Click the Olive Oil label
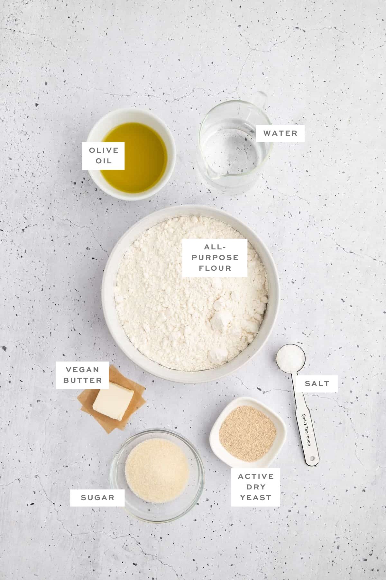click(x=103, y=156)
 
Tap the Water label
click(x=280, y=133)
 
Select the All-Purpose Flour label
click(x=215, y=257)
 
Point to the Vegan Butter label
click(x=82, y=375)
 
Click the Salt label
click(x=317, y=383)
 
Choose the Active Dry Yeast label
click(x=256, y=487)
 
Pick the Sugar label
click(x=97, y=498)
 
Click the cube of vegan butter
click(x=113, y=401)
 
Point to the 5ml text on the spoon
click(x=303, y=419)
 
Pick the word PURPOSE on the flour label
click(x=215, y=257)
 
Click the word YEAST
click(x=256, y=498)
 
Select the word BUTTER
click(x=82, y=380)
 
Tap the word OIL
click(x=103, y=161)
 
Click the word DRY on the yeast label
click(x=256, y=487)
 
